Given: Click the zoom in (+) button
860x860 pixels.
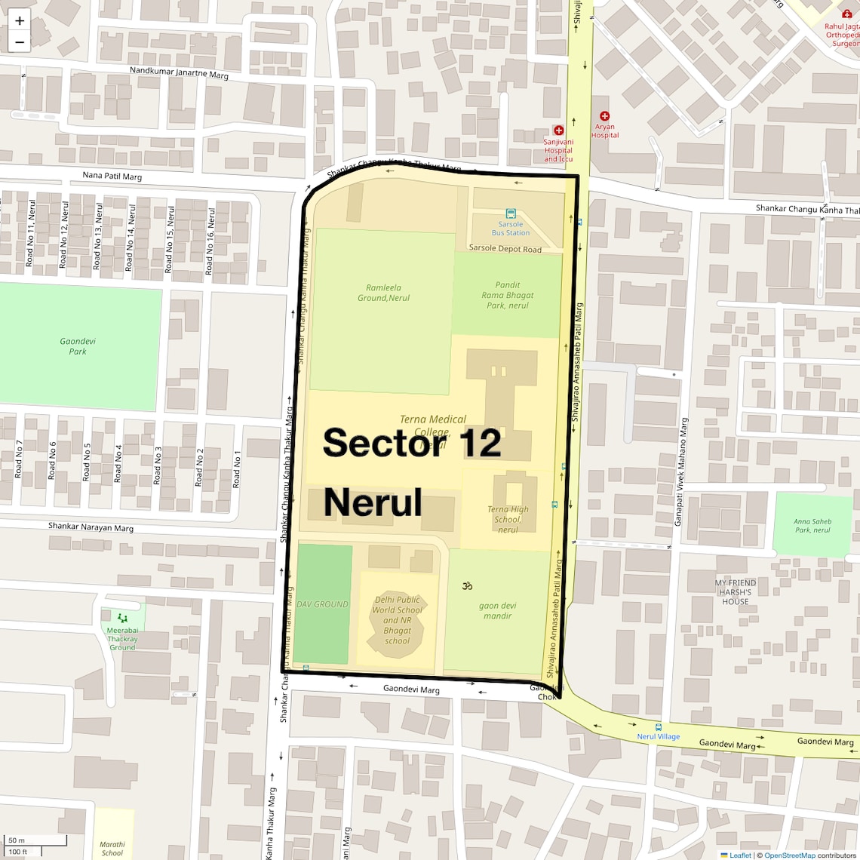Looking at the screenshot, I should click(20, 21).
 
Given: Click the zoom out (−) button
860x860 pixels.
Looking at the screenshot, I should click(20, 42).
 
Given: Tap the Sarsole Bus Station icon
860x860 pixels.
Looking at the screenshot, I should click(511, 213).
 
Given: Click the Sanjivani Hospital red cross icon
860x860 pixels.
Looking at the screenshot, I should click(559, 131).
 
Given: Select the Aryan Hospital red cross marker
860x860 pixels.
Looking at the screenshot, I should click(604, 116).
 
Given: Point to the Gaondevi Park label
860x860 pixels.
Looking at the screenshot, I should click(78, 346).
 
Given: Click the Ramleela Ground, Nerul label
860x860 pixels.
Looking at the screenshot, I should click(383, 293).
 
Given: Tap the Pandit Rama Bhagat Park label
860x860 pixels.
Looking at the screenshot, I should click(507, 296).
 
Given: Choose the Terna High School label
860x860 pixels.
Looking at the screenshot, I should click(508, 519).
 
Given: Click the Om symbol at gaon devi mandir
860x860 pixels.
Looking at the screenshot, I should click(467, 585).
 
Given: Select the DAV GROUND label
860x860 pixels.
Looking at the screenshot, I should click(322, 604).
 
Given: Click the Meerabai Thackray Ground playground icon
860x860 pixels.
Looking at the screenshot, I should click(122, 618).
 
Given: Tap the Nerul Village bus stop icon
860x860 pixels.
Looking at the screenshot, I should click(659, 726).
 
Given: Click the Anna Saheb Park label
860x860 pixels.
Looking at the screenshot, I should click(812, 525).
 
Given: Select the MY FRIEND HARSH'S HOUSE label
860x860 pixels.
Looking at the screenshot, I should click(736, 592).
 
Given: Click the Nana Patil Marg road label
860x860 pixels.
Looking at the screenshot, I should click(112, 177).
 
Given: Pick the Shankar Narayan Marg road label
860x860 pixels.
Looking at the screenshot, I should click(91, 527).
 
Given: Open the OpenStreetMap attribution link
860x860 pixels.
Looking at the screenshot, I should click(791, 855).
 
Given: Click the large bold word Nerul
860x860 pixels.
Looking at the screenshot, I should click(373, 502).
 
